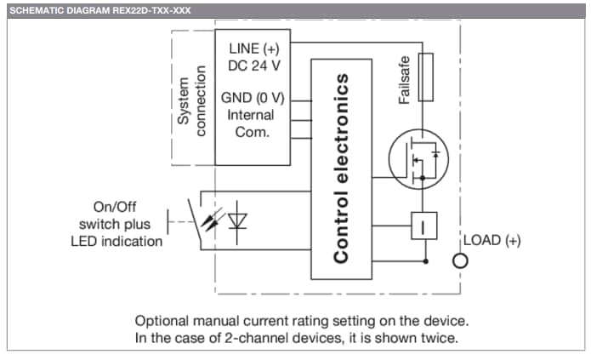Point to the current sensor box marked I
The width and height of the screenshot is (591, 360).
click(423, 226)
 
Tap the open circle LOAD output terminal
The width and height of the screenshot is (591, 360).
click(460, 260)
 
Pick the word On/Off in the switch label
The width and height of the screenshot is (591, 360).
click(115, 207)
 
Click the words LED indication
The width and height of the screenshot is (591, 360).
click(116, 241)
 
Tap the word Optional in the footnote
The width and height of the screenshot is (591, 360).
click(162, 321)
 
